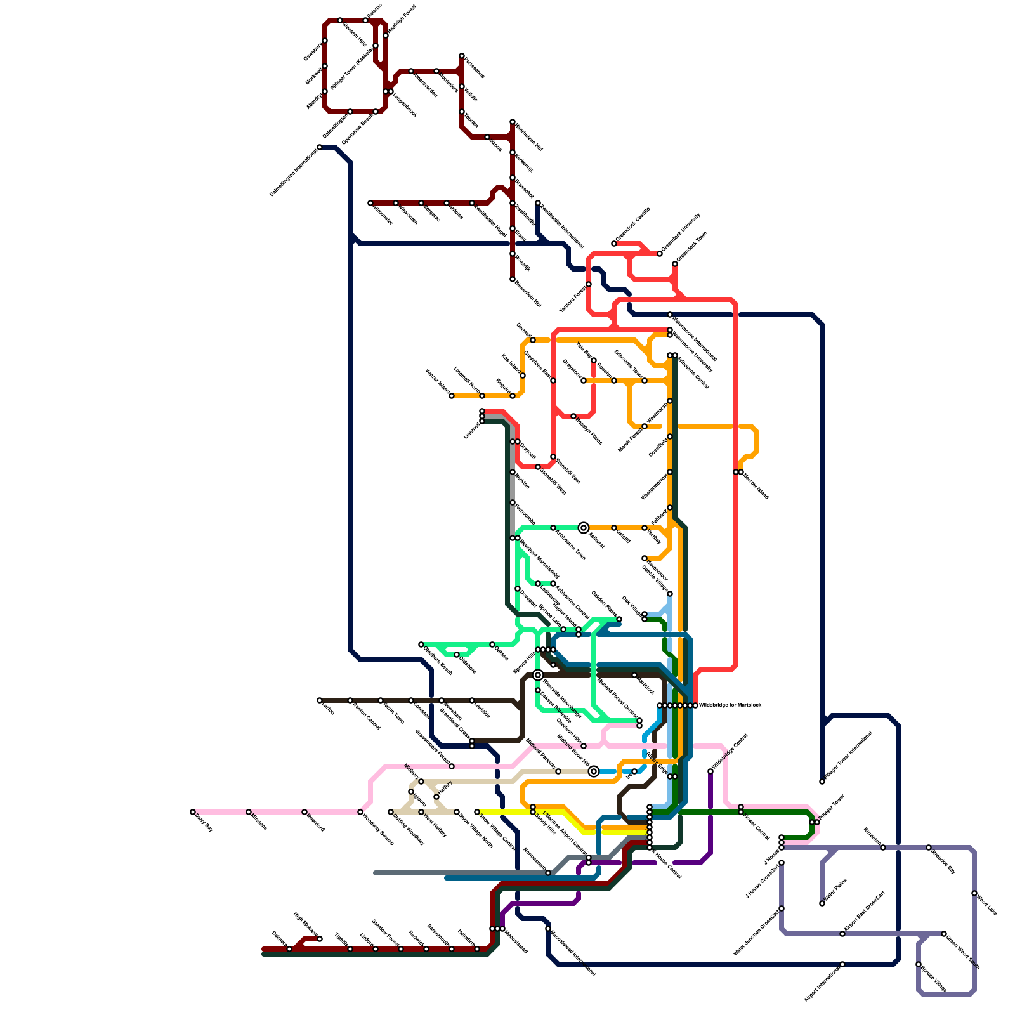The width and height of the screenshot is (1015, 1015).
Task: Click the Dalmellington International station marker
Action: (x=320, y=147)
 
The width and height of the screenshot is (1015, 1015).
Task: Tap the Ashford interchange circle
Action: (x=584, y=528)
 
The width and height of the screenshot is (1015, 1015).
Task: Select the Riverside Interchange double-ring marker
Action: (x=538, y=675)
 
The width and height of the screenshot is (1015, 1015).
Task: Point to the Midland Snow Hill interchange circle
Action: (x=594, y=771)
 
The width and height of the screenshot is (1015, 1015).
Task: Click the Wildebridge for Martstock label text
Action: (x=730, y=705)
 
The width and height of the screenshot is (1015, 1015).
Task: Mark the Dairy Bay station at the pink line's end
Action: (x=193, y=812)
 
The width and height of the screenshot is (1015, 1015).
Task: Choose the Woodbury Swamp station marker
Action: (x=360, y=812)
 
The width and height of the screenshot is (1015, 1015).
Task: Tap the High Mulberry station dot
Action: (x=320, y=939)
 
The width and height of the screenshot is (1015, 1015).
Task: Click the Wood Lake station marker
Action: (x=974, y=893)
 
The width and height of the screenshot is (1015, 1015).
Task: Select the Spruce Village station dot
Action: (x=919, y=964)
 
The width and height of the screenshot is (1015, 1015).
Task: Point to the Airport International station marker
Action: (x=842, y=964)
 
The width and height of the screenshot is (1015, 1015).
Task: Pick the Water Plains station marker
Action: (x=822, y=903)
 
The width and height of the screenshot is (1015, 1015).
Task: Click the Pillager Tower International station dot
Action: (x=822, y=782)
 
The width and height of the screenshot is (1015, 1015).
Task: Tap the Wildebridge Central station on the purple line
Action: (x=710, y=771)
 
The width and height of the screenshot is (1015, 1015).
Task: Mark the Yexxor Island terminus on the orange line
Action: (x=452, y=396)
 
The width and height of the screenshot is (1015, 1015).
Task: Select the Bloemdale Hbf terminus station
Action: (x=513, y=279)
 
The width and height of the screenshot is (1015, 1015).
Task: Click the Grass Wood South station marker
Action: (x=944, y=934)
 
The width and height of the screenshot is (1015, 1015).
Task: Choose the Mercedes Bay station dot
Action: (x=929, y=848)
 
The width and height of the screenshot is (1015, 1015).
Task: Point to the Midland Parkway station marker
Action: (x=558, y=771)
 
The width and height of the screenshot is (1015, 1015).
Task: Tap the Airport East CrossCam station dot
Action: (x=842, y=934)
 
